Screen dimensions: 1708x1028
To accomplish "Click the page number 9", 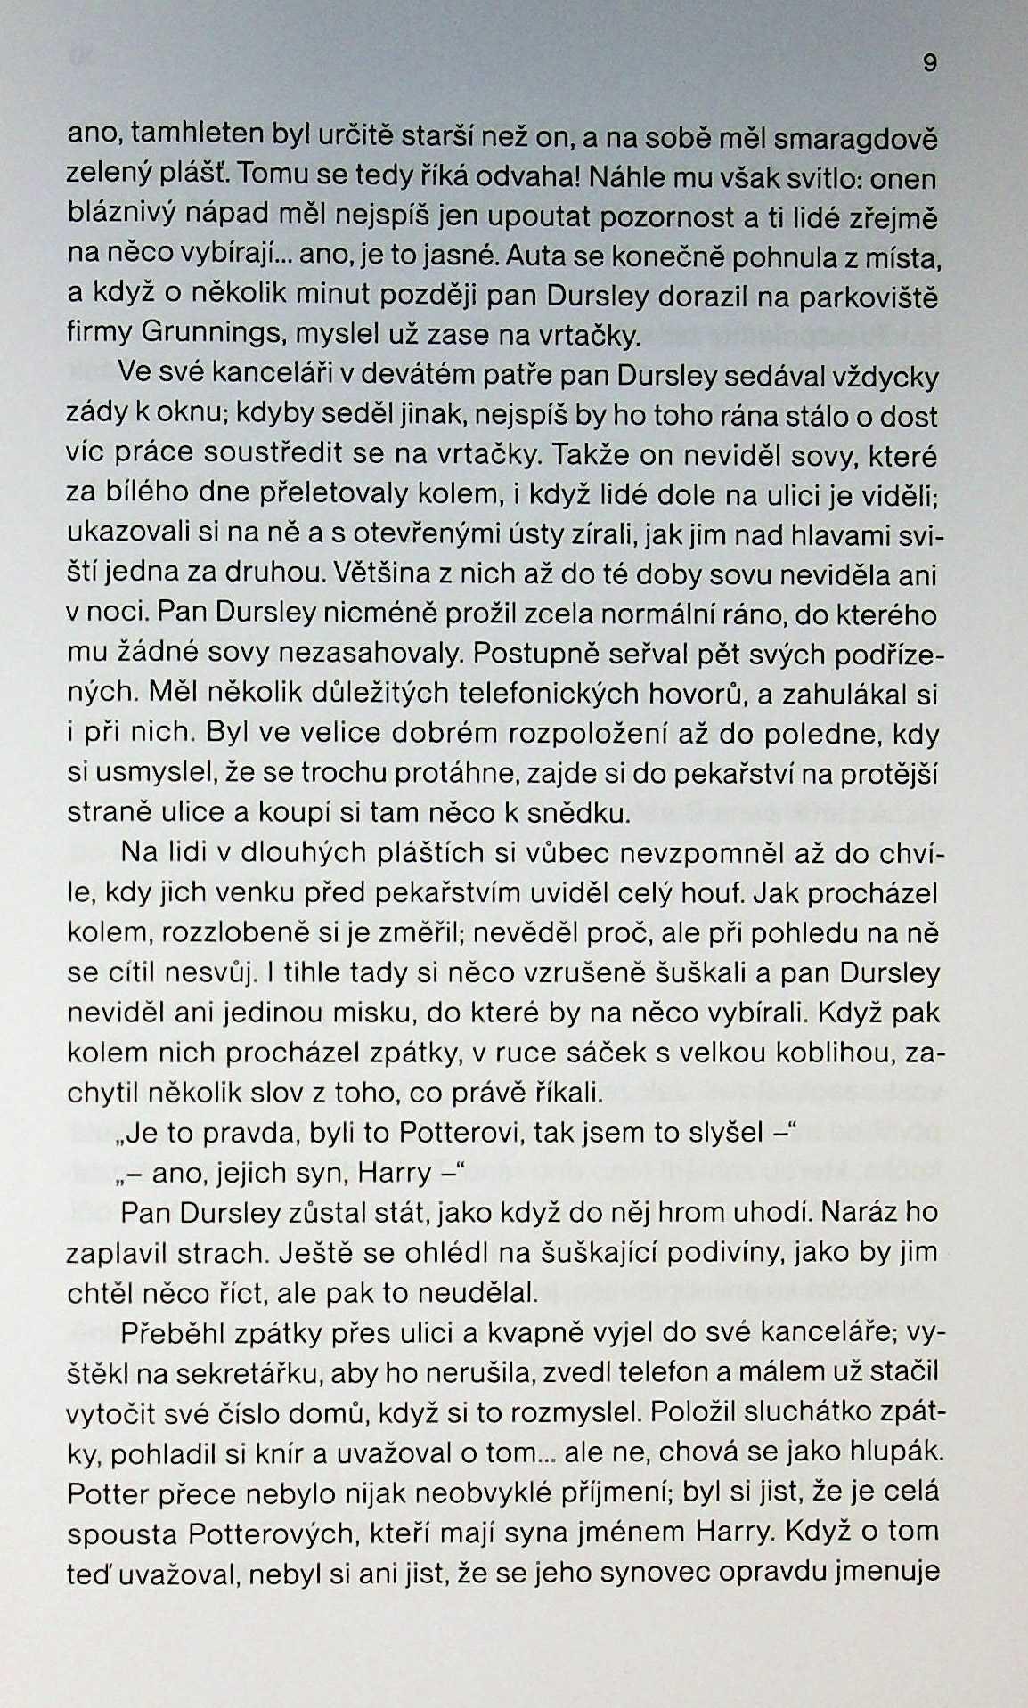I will pyautogui.click(x=929, y=63).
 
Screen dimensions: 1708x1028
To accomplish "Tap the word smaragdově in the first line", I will pyautogui.click(x=855, y=140).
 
